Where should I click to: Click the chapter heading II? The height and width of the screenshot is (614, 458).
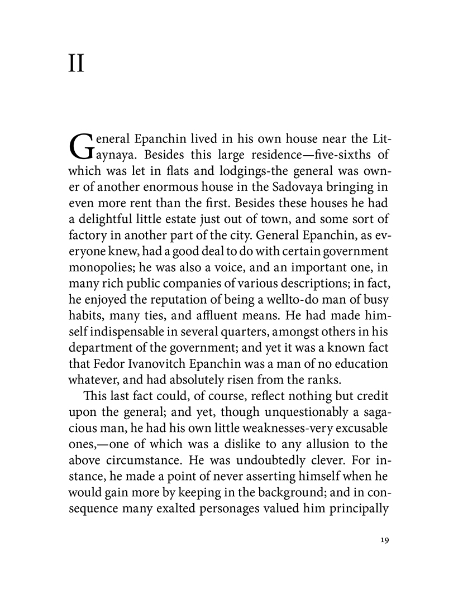pyautogui.click(x=76, y=64)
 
